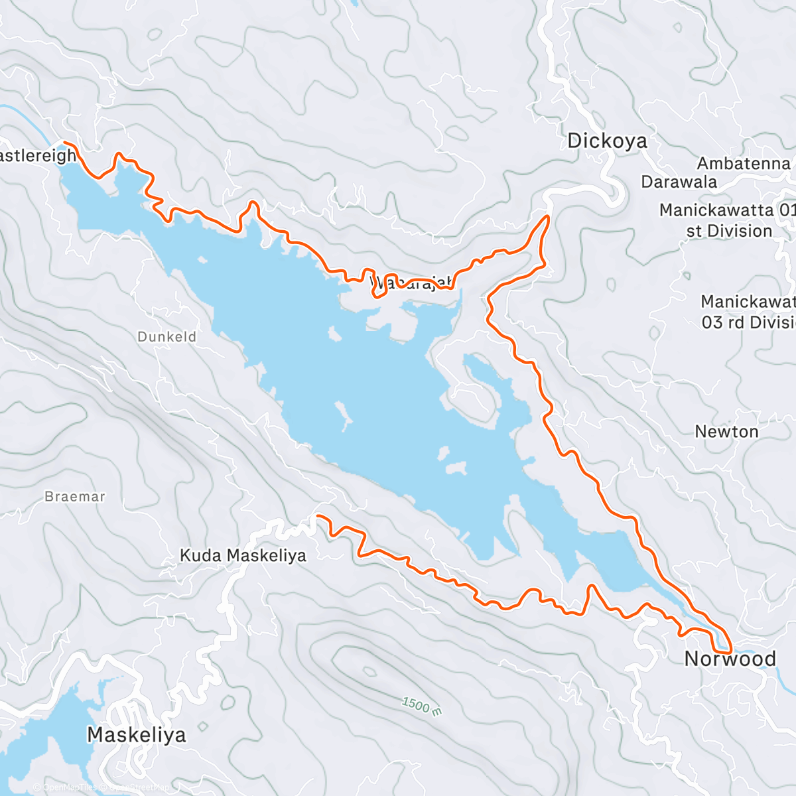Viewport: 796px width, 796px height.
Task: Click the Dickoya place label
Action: [x=607, y=141]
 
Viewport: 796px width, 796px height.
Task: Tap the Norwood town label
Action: [x=730, y=659]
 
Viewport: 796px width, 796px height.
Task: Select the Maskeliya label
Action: [x=137, y=735]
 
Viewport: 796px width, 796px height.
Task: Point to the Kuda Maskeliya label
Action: [x=243, y=555]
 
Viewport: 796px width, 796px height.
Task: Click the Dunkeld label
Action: [x=167, y=337]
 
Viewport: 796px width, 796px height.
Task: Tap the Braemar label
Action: [x=75, y=496]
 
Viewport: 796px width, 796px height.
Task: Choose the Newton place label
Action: [x=726, y=432]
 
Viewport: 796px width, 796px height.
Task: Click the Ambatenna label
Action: [x=744, y=163]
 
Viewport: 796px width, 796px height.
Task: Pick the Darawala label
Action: [x=679, y=182]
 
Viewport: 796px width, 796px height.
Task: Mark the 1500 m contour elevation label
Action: [x=421, y=706]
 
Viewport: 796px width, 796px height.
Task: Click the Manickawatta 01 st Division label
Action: [x=727, y=220]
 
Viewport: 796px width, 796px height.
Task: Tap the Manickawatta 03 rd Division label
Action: [x=748, y=312]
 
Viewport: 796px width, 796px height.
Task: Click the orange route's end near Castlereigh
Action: [x=64, y=143]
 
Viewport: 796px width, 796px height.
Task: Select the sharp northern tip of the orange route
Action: [x=547, y=216]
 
